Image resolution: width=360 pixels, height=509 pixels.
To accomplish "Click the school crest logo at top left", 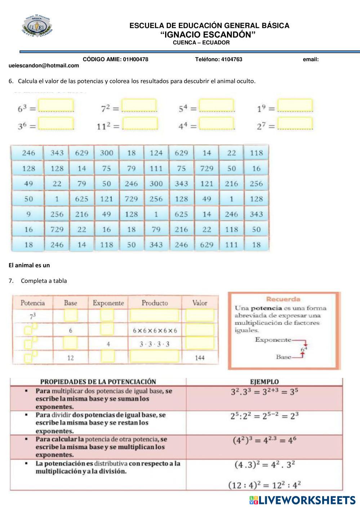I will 37,27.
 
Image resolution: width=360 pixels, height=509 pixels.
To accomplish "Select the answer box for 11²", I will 140,124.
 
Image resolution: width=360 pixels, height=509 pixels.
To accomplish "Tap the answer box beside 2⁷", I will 295,124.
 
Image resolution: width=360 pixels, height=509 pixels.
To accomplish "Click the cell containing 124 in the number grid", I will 156,153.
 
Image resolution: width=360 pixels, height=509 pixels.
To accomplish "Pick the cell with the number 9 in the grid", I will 28,214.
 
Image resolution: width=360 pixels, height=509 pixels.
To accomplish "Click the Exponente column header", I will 108,303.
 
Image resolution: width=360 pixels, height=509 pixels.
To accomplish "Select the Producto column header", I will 155,303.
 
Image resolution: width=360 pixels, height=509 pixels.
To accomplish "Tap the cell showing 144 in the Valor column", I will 200,358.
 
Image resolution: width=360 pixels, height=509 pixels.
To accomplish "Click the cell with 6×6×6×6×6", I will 155,330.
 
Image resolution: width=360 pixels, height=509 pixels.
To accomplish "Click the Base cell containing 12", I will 70,358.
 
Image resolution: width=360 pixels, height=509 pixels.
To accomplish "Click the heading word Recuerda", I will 283,299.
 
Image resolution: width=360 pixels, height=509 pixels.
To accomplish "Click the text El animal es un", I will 29,265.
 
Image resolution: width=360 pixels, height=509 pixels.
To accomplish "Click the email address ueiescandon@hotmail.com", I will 44,66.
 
